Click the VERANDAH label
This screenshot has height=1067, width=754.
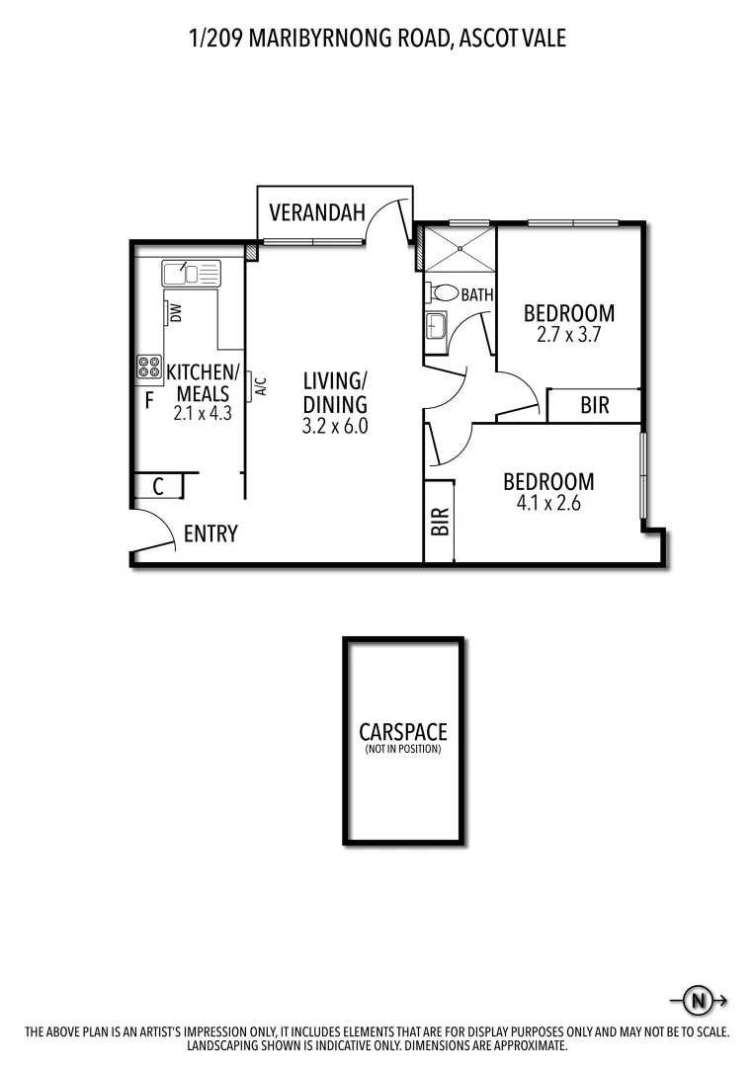[317, 211]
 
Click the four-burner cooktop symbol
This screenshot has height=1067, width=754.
[149, 368]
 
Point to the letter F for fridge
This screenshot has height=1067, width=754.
[149, 400]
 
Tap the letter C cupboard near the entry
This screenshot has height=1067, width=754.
[158, 487]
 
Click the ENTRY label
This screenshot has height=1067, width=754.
[210, 534]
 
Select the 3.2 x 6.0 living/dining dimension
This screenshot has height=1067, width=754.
[335, 427]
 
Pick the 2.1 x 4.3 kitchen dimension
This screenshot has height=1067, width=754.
[203, 414]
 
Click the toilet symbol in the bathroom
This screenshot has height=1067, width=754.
[446, 293]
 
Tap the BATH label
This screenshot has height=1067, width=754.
[476, 293]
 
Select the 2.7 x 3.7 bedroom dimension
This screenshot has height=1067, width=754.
[569, 334]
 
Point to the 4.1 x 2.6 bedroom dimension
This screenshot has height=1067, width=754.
[548, 503]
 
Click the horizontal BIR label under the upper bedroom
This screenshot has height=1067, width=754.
[595, 405]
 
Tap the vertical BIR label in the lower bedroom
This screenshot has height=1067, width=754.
[440, 521]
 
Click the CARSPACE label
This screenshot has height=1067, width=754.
[402, 733]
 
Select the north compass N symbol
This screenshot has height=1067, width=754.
[699, 1001]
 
